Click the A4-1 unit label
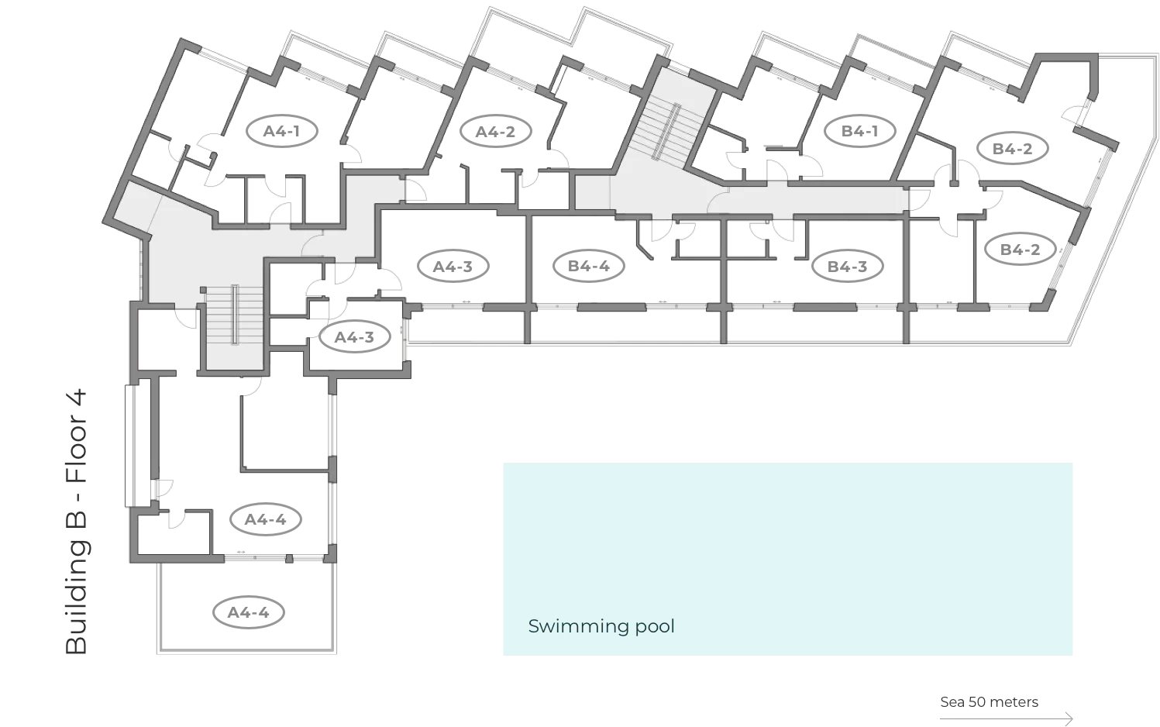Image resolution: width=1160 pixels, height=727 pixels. (x=281, y=131)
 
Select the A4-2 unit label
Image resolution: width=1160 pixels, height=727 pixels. (x=495, y=132)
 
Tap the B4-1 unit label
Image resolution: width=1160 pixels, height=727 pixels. (x=860, y=131)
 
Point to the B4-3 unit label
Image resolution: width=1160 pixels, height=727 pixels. (x=847, y=267)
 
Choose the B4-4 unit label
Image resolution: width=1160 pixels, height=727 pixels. (x=589, y=267)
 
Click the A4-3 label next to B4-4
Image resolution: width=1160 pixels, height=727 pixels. (x=453, y=267)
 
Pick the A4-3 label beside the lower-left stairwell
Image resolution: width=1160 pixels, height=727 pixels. (x=354, y=337)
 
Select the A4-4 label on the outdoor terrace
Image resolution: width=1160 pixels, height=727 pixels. (x=249, y=612)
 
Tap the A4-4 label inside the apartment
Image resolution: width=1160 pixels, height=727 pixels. (x=266, y=519)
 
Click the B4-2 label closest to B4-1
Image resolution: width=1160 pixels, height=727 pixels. (x=1013, y=149)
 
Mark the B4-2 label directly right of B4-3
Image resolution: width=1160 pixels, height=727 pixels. (x=1021, y=250)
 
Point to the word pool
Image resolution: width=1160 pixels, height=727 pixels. (x=655, y=626)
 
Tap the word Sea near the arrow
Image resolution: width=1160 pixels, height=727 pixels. (x=952, y=702)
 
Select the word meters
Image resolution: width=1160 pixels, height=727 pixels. (x=1014, y=702)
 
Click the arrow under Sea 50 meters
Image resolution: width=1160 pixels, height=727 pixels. (x=1007, y=718)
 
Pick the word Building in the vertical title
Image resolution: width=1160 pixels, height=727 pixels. (x=77, y=596)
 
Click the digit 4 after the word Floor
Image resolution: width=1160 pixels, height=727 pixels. (x=77, y=401)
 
